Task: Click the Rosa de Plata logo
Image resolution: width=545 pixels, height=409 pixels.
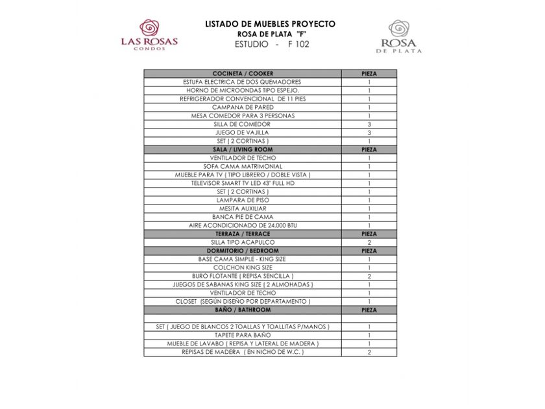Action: pyautogui.click(x=398, y=36)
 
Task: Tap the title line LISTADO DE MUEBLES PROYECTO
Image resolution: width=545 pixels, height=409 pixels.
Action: pyautogui.click(x=270, y=23)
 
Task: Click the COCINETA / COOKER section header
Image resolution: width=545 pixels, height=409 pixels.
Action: pyautogui.click(x=243, y=74)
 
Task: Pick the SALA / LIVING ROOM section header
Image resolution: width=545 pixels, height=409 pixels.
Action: pyautogui.click(x=243, y=149)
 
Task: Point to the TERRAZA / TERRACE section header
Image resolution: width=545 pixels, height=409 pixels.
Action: pyautogui.click(x=243, y=234)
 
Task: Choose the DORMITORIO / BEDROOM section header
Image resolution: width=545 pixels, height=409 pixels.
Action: pyautogui.click(x=243, y=251)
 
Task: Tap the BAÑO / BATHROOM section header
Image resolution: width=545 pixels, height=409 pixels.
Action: pyautogui.click(x=243, y=310)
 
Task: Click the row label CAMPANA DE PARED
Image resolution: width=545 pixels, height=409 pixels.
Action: pyautogui.click(x=243, y=107)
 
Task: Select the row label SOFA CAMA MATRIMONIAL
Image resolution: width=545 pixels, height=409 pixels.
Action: pyautogui.click(x=243, y=166)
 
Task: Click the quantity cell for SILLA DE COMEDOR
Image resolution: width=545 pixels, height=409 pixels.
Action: pyautogui.click(x=369, y=124)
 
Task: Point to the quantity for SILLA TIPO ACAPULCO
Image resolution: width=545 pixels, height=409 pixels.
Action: pyautogui.click(x=369, y=242)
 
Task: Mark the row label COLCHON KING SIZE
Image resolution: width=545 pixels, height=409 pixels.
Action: pyautogui.click(x=243, y=267)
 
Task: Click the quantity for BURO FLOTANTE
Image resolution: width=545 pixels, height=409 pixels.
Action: pyautogui.click(x=369, y=276)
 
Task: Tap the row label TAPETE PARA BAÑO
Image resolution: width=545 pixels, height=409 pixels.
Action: pyautogui.click(x=243, y=335)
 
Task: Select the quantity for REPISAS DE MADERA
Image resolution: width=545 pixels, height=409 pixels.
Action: pyautogui.click(x=369, y=352)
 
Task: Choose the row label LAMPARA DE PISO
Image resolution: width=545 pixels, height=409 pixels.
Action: pyautogui.click(x=243, y=200)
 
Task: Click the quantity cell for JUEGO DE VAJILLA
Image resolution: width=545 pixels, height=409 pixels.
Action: pyautogui.click(x=369, y=132)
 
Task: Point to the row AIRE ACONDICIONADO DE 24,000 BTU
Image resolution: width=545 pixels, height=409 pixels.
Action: pyautogui.click(x=243, y=225)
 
